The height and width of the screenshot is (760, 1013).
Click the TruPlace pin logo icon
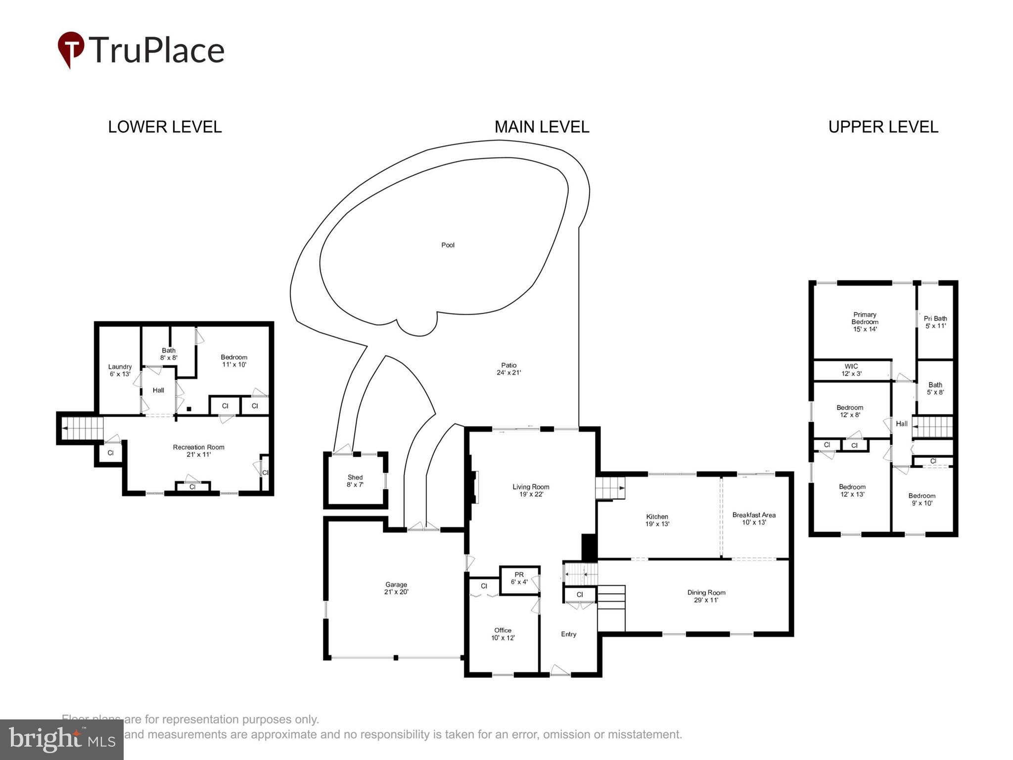pyautogui.click(x=71, y=49)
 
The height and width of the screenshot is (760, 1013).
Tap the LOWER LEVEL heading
pyautogui.click(x=165, y=127)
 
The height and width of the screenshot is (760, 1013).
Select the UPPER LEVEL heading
pyautogui.click(x=883, y=127)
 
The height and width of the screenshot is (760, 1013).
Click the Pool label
pyautogui.click(x=448, y=245)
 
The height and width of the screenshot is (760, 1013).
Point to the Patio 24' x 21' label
pyautogui.click(x=508, y=369)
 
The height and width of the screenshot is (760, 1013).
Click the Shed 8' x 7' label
pyautogui.click(x=355, y=481)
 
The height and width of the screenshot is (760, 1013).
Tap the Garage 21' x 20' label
pyautogui.click(x=396, y=588)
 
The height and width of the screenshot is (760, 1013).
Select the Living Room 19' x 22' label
pyautogui.click(x=531, y=490)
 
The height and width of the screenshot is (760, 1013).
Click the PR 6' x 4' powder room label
pyautogui.click(x=519, y=578)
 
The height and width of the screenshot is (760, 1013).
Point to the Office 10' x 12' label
pyautogui.click(x=503, y=634)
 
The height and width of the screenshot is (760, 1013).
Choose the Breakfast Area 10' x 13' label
pyautogui.click(x=754, y=518)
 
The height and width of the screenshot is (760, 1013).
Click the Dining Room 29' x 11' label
pyautogui.click(x=706, y=596)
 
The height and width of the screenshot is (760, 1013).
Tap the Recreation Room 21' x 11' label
pyautogui.click(x=198, y=450)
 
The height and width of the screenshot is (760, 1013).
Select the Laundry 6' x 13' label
pyautogui.click(x=120, y=370)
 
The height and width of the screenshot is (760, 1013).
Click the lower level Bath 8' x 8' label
pyautogui.click(x=168, y=354)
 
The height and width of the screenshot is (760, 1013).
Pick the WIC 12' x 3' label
pyautogui.click(x=851, y=370)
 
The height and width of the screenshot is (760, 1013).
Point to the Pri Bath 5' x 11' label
pyautogui.click(x=935, y=322)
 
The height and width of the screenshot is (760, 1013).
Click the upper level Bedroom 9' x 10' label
pyautogui.click(x=921, y=499)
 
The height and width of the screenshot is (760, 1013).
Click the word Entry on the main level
pyautogui.click(x=568, y=634)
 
